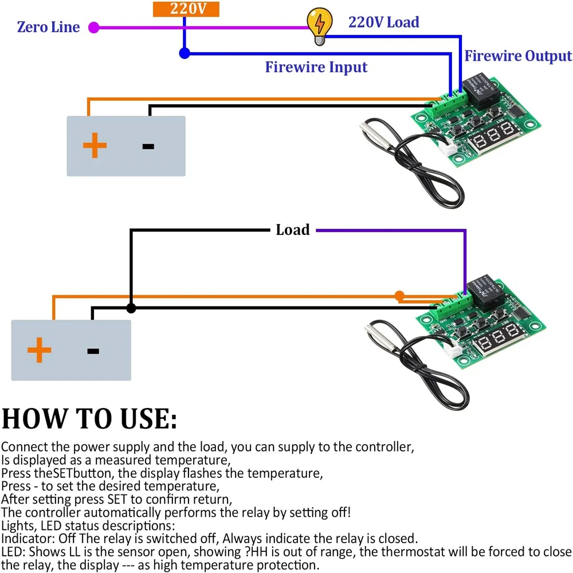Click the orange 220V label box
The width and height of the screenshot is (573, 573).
tap(185, 9)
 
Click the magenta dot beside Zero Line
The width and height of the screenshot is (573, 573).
tap(95, 27)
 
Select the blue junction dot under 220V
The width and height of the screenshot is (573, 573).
tap(185, 54)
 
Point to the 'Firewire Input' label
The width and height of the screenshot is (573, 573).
tap(316, 68)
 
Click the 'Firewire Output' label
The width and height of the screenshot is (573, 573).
tap(518, 56)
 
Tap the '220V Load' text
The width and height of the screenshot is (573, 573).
tap(383, 22)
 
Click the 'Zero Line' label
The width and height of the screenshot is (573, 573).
tap(48, 27)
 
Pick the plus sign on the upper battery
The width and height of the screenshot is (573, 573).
tap(95, 146)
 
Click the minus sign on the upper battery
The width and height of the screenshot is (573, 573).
tap(148, 146)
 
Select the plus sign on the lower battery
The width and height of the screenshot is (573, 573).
tap(39, 350)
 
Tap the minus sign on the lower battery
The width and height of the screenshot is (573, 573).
tap(93, 351)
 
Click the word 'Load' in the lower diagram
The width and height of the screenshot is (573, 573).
tap(292, 230)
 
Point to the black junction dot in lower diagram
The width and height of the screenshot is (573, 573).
tap(131, 308)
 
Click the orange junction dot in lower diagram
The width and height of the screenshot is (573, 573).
tap(399, 295)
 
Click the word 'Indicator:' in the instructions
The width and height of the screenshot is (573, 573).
tap(25, 539)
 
